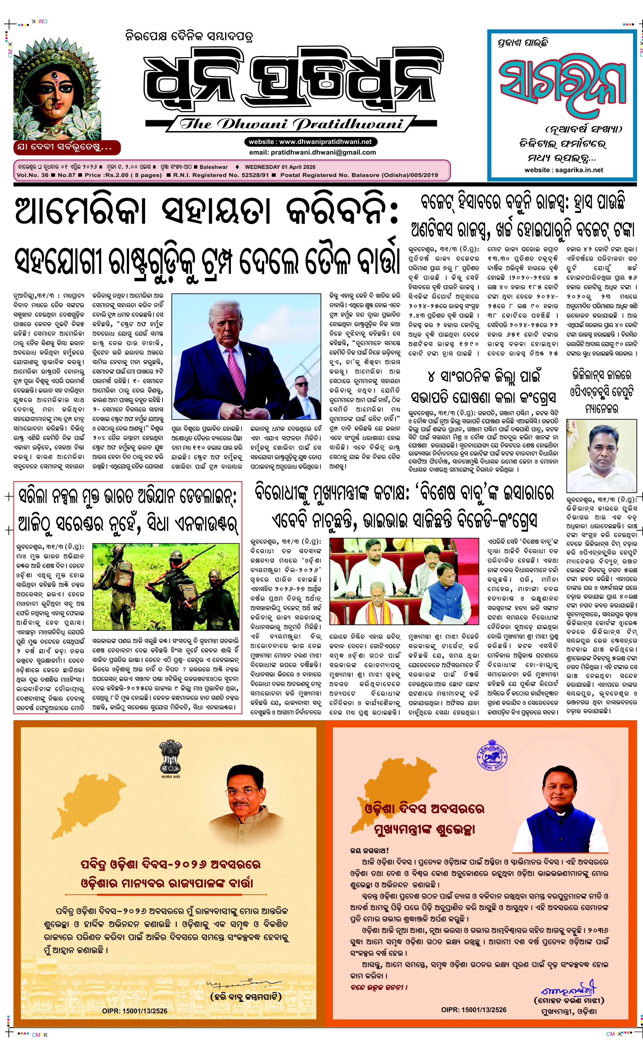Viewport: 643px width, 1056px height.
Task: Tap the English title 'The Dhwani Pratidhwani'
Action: [291, 125]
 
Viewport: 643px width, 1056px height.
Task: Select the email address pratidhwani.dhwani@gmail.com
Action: [312, 152]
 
